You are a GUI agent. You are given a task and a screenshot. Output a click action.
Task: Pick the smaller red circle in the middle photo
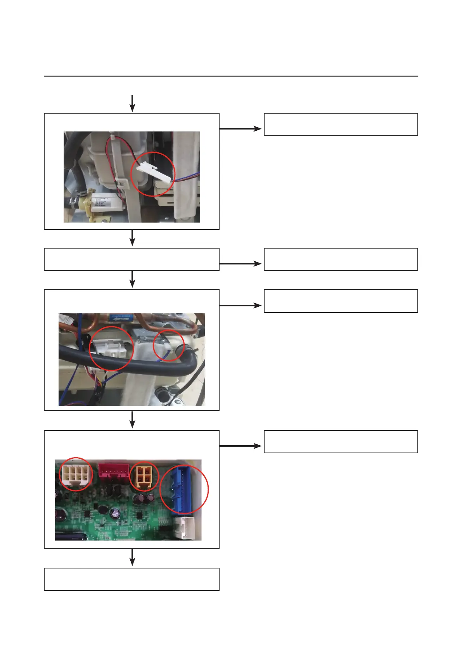click(x=168, y=346)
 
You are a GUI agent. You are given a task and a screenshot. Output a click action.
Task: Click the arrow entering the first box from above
click(x=132, y=103)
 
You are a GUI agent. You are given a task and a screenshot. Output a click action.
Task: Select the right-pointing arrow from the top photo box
click(x=241, y=128)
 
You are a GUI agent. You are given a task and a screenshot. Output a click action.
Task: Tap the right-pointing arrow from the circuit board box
click(x=241, y=446)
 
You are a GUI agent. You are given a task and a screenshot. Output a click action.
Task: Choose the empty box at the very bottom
click(x=132, y=579)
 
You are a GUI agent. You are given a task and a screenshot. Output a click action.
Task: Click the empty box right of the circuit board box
click(x=341, y=441)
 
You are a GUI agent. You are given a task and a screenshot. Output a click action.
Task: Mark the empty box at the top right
click(x=341, y=124)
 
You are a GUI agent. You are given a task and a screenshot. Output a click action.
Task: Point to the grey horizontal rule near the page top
click(x=230, y=76)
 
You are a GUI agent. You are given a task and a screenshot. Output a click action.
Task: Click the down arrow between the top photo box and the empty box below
click(x=132, y=238)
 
